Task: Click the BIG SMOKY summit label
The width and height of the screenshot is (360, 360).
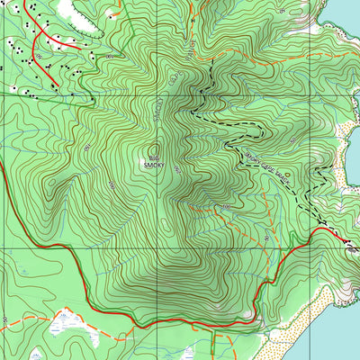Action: (151, 162)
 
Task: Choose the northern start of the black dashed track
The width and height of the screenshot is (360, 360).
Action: (209, 67)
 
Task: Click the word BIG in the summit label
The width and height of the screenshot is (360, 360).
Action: (151, 157)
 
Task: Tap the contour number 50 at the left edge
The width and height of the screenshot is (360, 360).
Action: (4, 319)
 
